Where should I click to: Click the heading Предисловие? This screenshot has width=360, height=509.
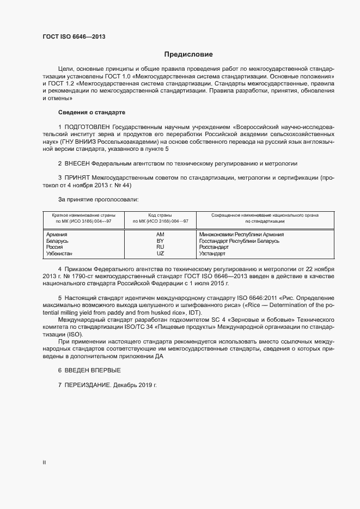coord(188,54)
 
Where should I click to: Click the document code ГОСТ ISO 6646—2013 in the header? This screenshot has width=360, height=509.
coord(74,36)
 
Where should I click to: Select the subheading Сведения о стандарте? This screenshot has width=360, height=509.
coord(91,112)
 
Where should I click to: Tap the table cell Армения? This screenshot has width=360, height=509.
coord(57,234)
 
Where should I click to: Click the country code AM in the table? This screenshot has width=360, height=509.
coord(160,234)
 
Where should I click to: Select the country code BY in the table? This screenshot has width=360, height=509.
coord(160,241)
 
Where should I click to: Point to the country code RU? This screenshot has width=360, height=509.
coord(160,247)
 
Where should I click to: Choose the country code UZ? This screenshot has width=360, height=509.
coord(160,254)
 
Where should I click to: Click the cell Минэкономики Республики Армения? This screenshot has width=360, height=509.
coord(241,234)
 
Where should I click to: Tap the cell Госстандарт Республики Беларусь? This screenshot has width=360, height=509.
coord(239,241)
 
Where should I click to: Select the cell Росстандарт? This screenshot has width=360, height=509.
coord(213,247)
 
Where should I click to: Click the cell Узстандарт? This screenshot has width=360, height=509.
coord(212,254)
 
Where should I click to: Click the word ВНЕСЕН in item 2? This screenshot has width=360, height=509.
coord(77,163)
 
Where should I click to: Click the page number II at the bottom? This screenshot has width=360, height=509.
coord(44,463)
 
